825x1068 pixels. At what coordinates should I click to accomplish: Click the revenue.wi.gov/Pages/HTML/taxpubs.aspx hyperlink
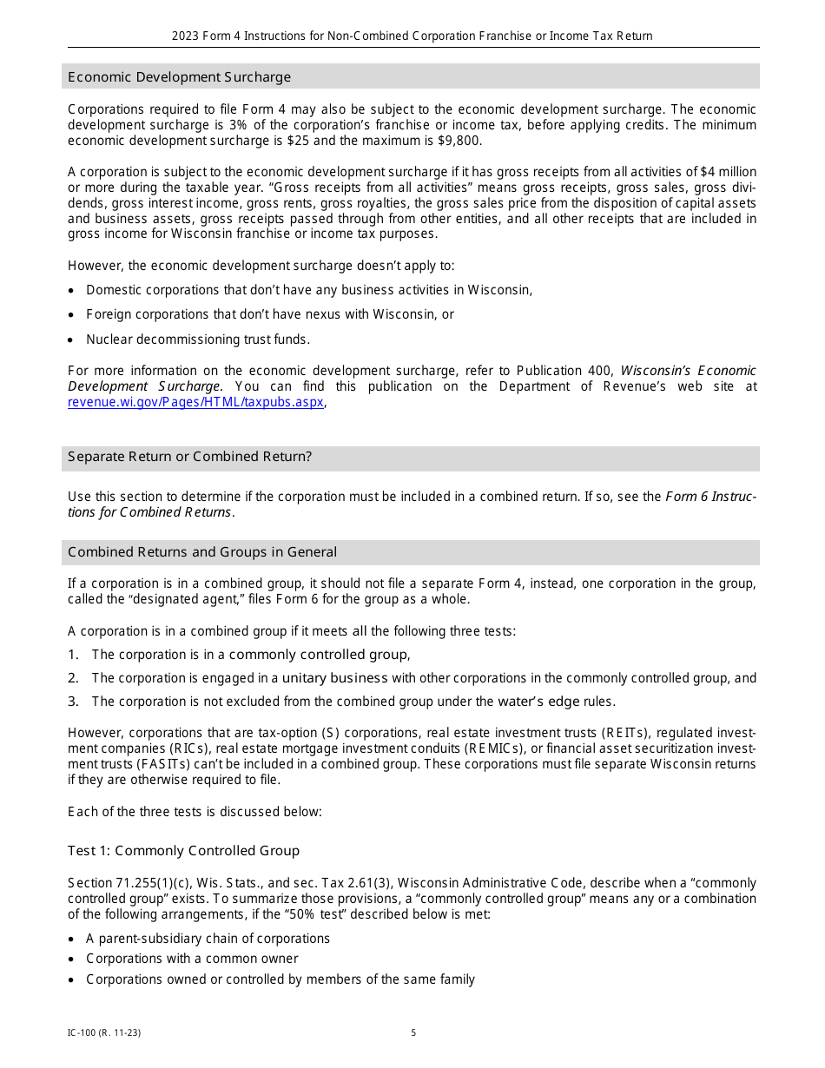(x=195, y=402)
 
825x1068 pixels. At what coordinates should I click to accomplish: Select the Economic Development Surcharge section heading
(x=179, y=77)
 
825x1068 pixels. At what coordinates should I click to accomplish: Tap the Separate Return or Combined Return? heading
(x=189, y=457)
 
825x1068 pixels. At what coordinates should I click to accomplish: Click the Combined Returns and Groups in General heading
(x=202, y=552)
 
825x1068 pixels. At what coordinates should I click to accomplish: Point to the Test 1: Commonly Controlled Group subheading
(x=183, y=851)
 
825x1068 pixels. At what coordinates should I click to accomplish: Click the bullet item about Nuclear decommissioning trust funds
(x=197, y=340)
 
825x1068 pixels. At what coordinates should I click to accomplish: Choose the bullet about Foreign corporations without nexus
(x=269, y=314)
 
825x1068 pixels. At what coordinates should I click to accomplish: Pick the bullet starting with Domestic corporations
(x=308, y=290)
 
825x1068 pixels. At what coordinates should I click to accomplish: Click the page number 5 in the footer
(x=413, y=1032)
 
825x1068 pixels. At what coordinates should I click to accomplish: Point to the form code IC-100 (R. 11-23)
(x=104, y=1032)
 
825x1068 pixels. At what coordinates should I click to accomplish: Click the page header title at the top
(x=412, y=36)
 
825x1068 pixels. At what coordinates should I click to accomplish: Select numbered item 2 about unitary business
(x=423, y=678)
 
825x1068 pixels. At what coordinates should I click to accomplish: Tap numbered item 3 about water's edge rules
(x=353, y=702)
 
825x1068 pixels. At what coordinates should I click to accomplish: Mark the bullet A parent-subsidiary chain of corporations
(x=208, y=939)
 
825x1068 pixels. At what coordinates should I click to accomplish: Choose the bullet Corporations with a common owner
(x=192, y=959)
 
